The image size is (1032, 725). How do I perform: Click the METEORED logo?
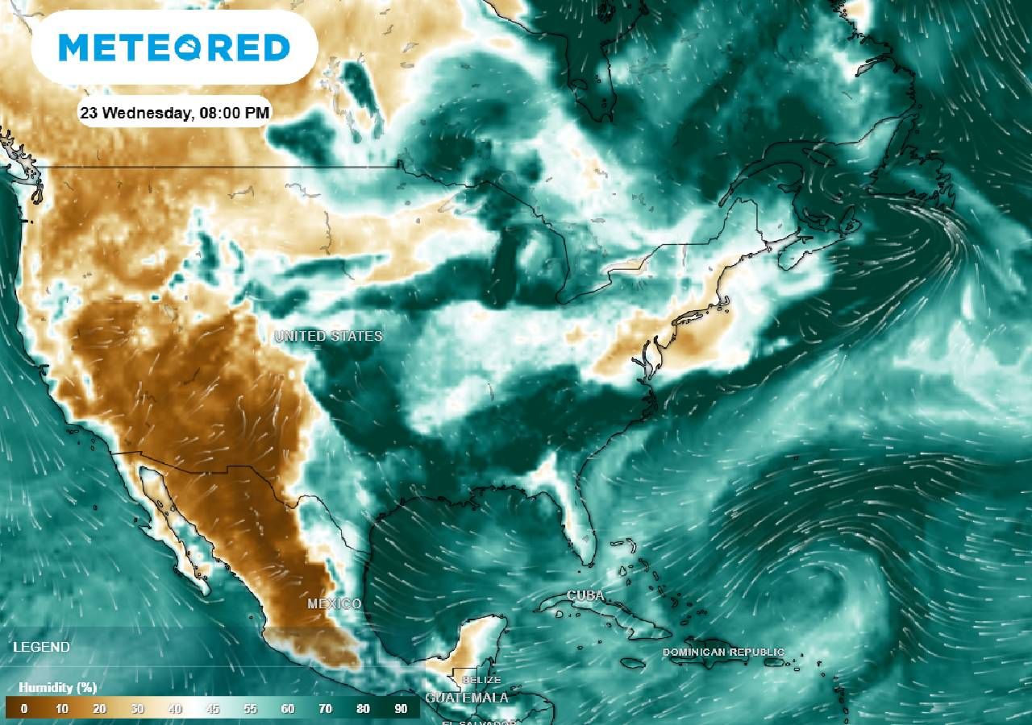(174, 48)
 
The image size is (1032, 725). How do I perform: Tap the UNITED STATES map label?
(328, 336)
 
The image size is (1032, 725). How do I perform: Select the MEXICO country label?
(334, 603)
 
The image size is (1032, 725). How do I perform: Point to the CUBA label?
(585, 595)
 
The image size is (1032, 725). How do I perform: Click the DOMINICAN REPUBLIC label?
(722, 652)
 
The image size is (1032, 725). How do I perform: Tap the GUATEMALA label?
(467, 698)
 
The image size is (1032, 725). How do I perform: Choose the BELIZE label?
(481, 680)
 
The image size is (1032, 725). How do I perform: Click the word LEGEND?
(41, 647)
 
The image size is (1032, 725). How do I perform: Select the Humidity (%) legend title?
(57, 688)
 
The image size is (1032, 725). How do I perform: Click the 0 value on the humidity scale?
(23, 709)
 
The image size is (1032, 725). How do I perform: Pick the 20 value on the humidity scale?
(99, 709)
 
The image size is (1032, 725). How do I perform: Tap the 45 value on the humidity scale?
(212, 709)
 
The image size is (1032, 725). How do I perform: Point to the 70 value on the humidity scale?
(325, 709)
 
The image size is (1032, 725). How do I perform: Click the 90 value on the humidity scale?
(401, 709)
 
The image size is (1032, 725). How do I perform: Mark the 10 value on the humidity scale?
(61, 709)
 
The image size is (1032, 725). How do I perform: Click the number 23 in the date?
(89, 113)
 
